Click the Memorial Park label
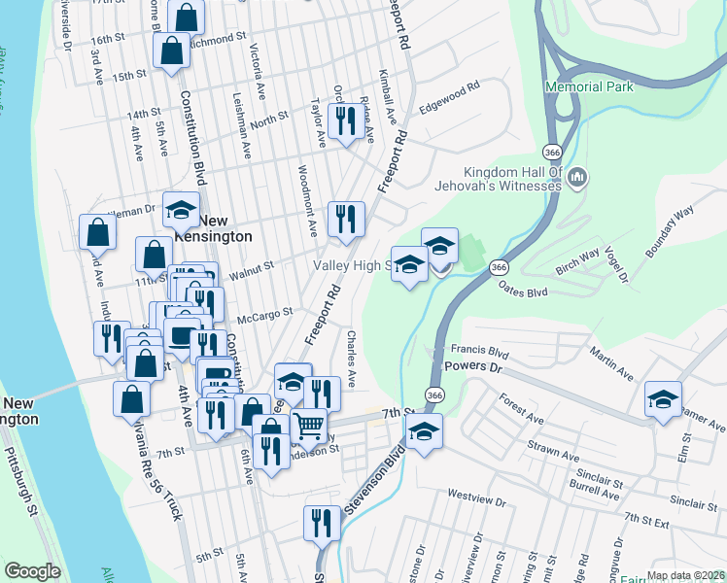(589, 86)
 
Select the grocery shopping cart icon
(308, 425)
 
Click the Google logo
(32, 571)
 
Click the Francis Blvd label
(480, 351)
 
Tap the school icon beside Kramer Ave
(663, 399)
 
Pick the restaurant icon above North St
(346, 120)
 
